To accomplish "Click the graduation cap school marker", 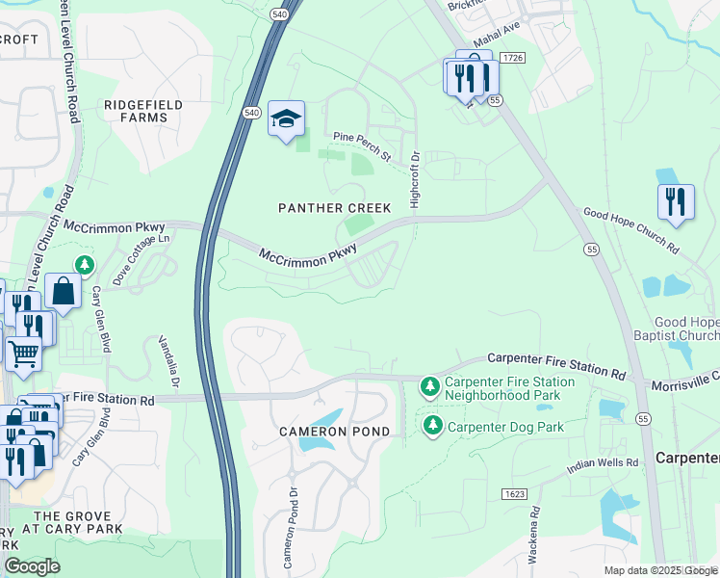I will pyautogui.click(x=286, y=118).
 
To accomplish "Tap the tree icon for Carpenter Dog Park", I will pyautogui.click(x=432, y=425).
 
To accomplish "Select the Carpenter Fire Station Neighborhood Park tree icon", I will pyautogui.click(x=430, y=388).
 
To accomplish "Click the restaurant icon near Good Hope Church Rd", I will pyautogui.click(x=676, y=202).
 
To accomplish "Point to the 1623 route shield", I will pyautogui.click(x=514, y=494).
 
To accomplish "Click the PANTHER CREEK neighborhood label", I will pyautogui.click(x=334, y=208).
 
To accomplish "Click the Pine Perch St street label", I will pyautogui.click(x=362, y=146).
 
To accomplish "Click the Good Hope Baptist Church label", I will pyautogui.click(x=684, y=328).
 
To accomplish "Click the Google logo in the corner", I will pyautogui.click(x=32, y=565).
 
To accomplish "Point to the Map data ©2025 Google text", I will pyautogui.click(x=660, y=570).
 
